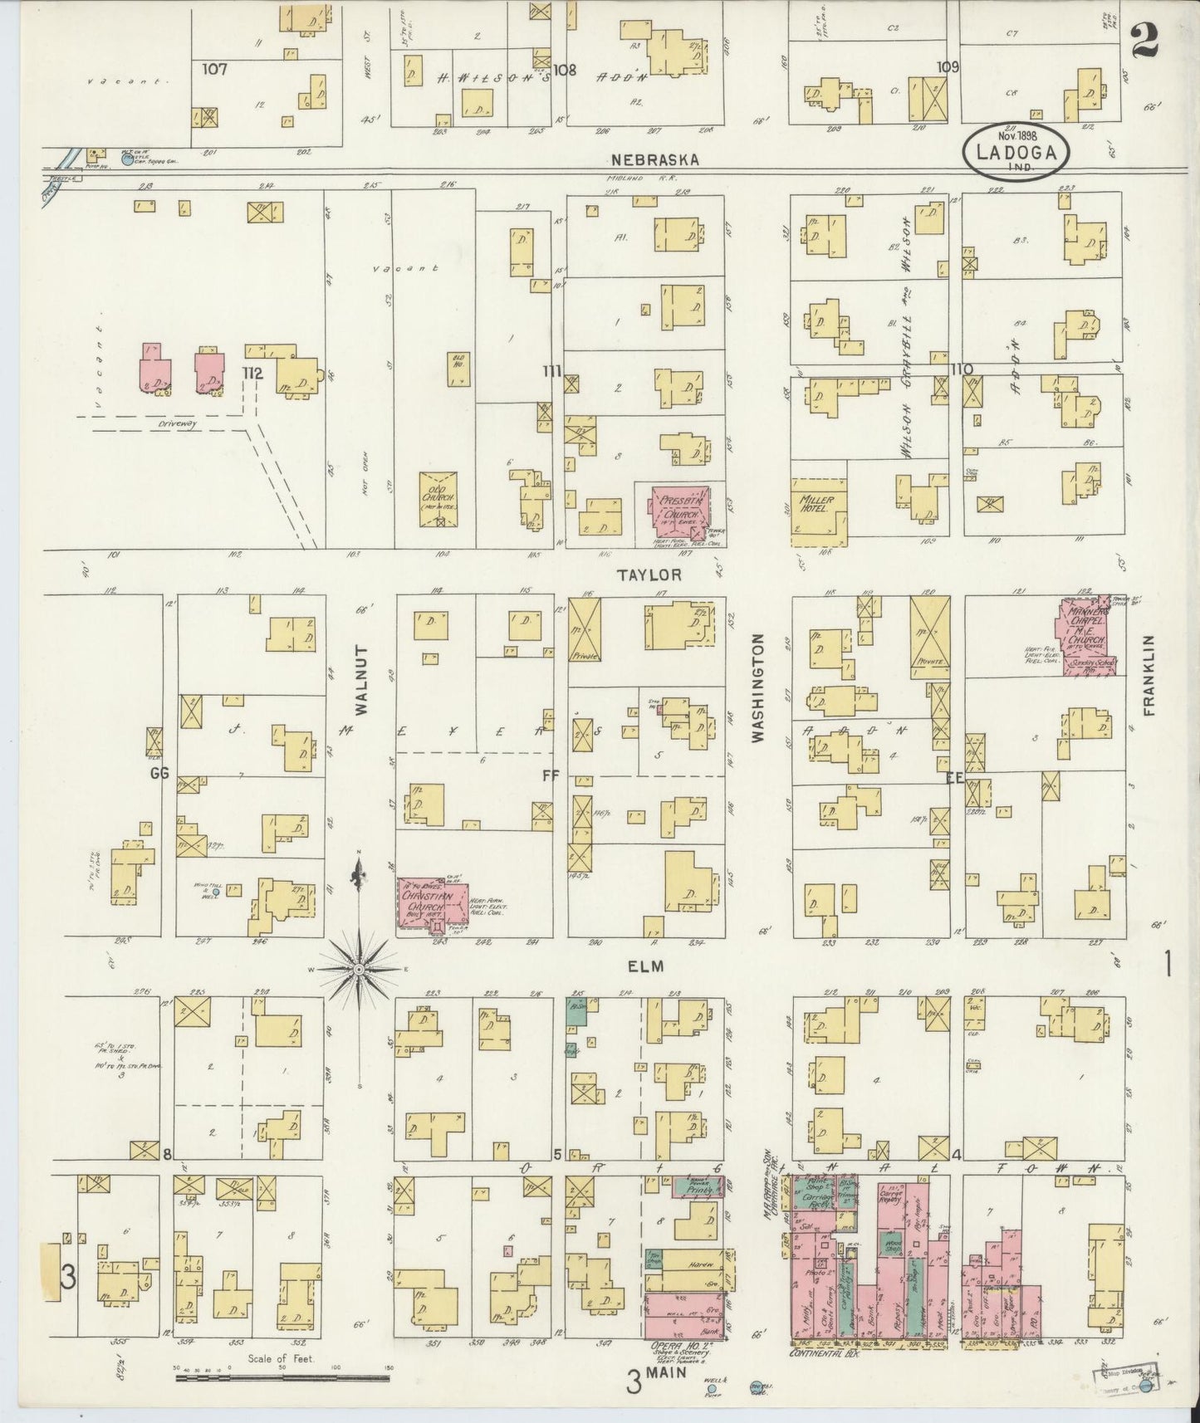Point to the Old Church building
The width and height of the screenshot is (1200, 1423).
click(439, 499)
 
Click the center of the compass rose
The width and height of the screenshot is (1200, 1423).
click(358, 969)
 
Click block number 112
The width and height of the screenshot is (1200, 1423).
click(252, 374)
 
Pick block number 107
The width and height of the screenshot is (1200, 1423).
click(213, 70)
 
